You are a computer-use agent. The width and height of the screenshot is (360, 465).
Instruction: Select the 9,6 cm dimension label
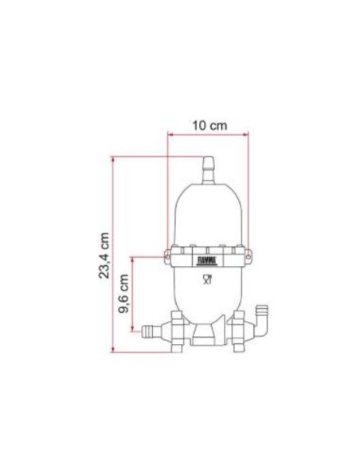click(x=124, y=295)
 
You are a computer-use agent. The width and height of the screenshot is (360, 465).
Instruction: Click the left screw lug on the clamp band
click(x=169, y=257)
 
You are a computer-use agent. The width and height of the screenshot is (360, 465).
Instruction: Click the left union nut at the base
click(x=179, y=328)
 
